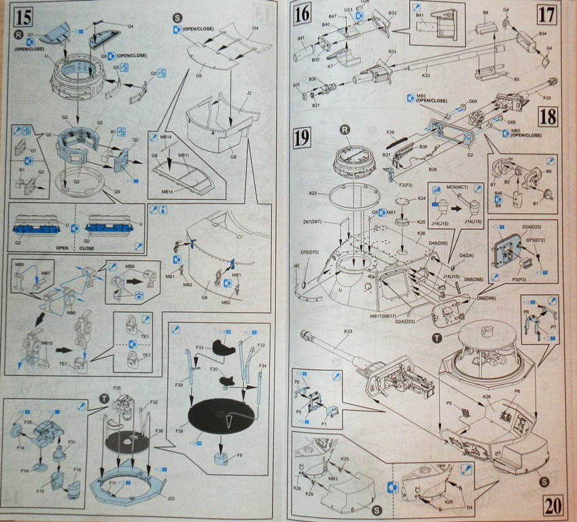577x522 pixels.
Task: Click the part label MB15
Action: coord(46,344)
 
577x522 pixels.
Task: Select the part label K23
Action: coord(313,194)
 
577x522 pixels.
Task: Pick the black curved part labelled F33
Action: coord(225,346)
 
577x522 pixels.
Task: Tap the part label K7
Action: coord(330,67)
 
